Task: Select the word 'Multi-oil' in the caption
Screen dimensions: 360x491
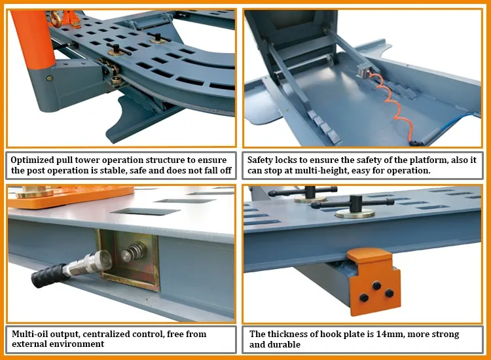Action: coord(33,334)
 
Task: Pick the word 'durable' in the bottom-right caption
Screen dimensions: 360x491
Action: coord(288,344)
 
